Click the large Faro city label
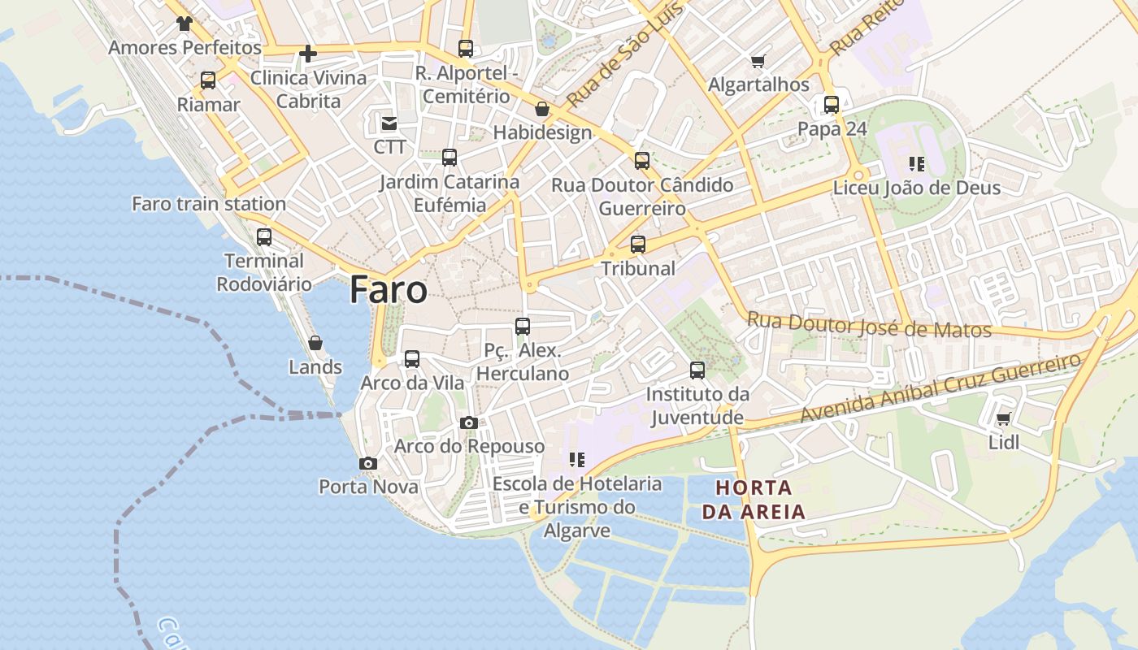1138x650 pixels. pyautogui.click(x=389, y=290)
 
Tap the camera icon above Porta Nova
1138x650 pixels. pyautogui.click(x=368, y=463)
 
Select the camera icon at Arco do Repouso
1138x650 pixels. pyautogui.click(x=469, y=422)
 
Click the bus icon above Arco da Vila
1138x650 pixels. pyautogui.click(x=412, y=358)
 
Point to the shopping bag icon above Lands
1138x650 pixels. pyautogui.click(x=315, y=343)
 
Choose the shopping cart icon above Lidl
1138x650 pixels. pyautogui.click(x=1003, y=419)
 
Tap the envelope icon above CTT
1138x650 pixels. pyautogui.click(x=389, y=123)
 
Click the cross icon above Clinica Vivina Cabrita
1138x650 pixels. pyautogui.click(x=308, y=54)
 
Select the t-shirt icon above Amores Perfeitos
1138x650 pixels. pyautogui.click(x=185, y=24)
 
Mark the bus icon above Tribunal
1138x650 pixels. pyautogui.click(x=638, y=244)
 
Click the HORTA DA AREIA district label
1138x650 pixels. pyautogui.click(x=754, y=500)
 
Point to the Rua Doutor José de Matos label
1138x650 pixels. pyautogui.click(x=869, y=325)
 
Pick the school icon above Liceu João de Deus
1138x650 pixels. pyautogui.click(x=917, y=164)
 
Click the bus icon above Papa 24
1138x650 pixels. pyautogui.click(x=832, y=105)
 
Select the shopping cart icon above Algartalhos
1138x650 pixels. pyautogui.click(x=758, y=61)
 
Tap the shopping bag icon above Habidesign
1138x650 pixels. pyautogui.click(x=542, y=109)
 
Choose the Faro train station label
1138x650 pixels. pyautogui.click(x=209, y=204)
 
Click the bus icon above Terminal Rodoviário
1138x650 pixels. pyautogui.click(x=264, y=237)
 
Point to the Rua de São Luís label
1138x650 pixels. pyautogui.click(x=623, y=58)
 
